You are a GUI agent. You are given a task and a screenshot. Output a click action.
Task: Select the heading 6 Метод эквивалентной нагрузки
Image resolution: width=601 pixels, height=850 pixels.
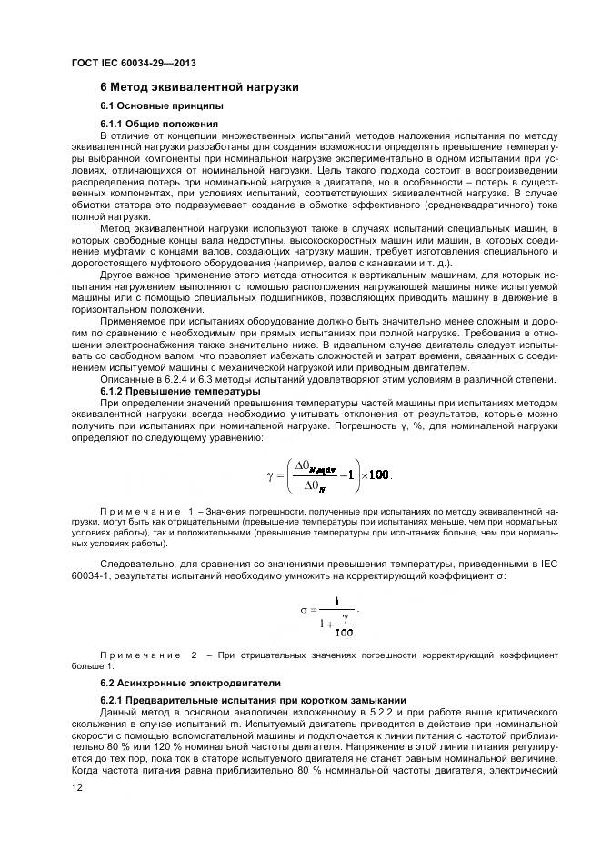coord(199,87)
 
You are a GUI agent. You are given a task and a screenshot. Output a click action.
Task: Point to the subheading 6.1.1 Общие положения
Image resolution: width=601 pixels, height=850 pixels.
coord(159,123)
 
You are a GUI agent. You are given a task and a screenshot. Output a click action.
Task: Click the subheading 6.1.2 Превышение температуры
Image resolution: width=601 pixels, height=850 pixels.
coord(167,391)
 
